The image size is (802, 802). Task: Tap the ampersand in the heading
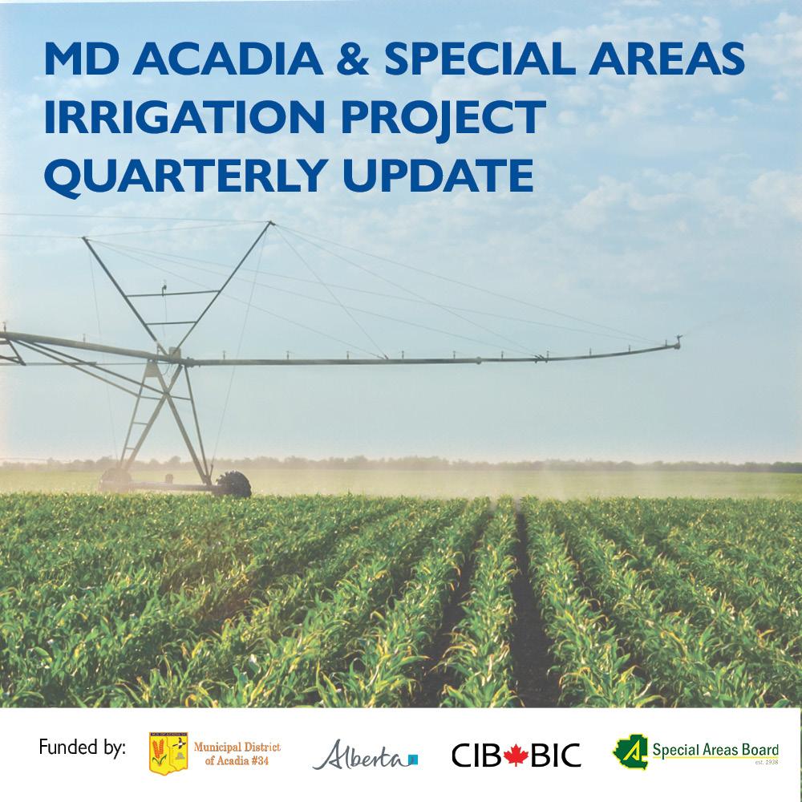353,59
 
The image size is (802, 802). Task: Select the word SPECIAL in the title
480,59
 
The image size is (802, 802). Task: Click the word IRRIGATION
184,116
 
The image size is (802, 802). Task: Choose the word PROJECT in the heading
443,117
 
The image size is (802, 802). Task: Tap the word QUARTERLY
186,176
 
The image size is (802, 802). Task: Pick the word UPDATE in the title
439,175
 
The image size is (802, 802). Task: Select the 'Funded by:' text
82,747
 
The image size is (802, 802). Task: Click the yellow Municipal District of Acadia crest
168,753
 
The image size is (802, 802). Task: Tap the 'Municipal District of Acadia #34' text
237,753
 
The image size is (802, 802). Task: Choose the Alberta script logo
365,754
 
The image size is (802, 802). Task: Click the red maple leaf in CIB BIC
515,755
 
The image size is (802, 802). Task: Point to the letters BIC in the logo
556,755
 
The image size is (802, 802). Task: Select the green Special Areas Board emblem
630,751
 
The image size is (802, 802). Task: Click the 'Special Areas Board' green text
715,750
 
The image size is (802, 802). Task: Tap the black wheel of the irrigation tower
233,484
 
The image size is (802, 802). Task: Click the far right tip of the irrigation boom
679,345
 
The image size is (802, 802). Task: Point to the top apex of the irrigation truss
271,223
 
